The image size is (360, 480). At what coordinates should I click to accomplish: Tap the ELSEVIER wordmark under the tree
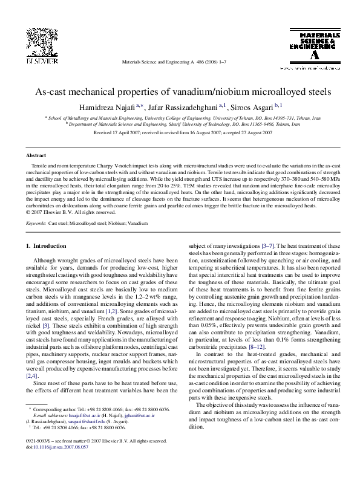coord(30,62)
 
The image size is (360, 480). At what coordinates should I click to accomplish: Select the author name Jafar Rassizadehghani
coord(182,107)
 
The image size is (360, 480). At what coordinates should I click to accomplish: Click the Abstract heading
coord(34,155)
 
